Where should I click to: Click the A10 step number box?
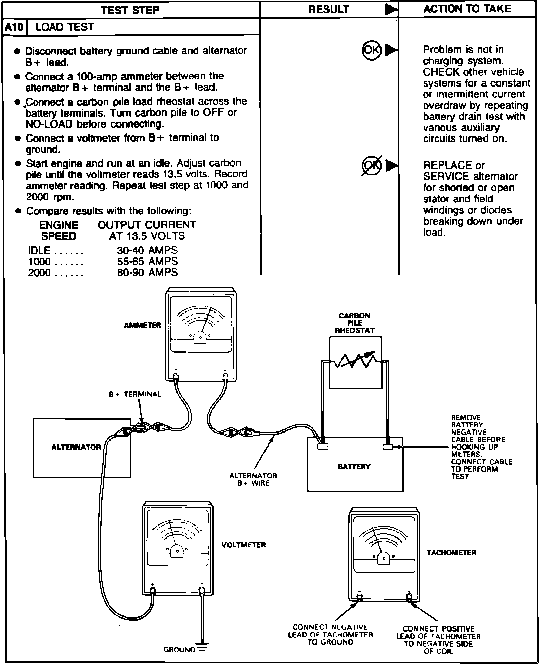pyautogui.click(x=14, y=27)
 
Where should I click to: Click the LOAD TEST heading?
pyautogui.click(x=64, y=27)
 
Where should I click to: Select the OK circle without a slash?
pyautogui.click(x=371, y=50)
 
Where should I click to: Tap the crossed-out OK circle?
pyautogui.click(x=371, y=165)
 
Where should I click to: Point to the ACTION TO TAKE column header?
pyautogui.click(x=467, y=9)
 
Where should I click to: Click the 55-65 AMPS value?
pyautogui.click(x=147, y=261)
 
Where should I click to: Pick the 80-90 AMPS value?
pyautogui.click(x=147, y=273)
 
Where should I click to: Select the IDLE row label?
pyautogui.click(x=39, y=250)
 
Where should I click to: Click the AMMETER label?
pyautogui.click(x=142, y=325)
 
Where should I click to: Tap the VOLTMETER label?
pyautogui.click(x=244, y=545)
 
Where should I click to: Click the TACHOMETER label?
pyautogui.click(x=451, y=553)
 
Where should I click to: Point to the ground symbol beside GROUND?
pyautogui.click(x=203, y=649)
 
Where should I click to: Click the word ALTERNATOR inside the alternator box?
pyautogui.click(x=76, y=447)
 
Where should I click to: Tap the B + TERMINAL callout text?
pyautogui.click(x=135, y=394)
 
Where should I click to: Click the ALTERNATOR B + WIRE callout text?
pyautogui.click(x=253, y=479)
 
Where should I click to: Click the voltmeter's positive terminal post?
pyautogui.click(x=153, y=590)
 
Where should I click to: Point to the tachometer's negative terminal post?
pyautogui.click(x=359, y=597)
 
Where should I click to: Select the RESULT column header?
pyautogui.click(x=328, y=9)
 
